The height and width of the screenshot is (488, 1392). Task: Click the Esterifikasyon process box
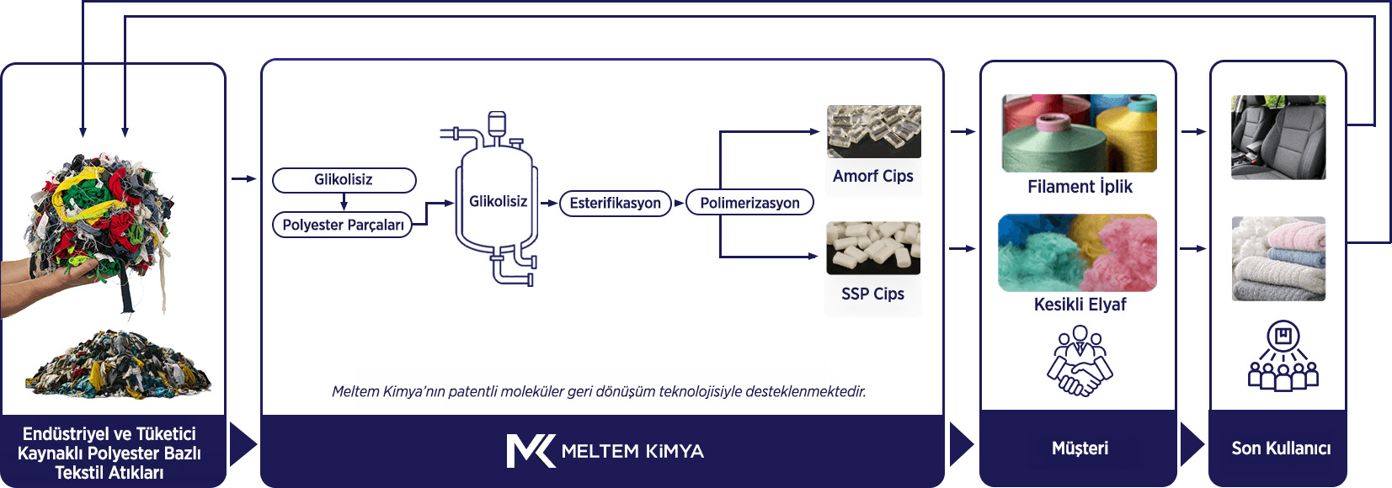click(x=616, y=203)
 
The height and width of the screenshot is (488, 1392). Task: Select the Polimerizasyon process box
click(x=749, y=203)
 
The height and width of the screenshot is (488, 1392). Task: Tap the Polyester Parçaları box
click(x=343, y=225)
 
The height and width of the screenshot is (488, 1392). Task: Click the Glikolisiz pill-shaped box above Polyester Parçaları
click(x=344, y=180)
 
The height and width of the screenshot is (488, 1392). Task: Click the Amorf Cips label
click(x=873, y=177)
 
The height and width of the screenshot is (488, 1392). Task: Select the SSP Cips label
click(x=873, y=294)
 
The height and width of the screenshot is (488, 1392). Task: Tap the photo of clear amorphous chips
click(x=874, y=131)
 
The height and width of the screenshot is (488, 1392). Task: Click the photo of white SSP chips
click(x=873, y=248)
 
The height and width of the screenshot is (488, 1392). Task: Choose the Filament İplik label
click(x=1080, y=187)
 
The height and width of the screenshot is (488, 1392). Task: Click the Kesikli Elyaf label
click(x=1080, y=305)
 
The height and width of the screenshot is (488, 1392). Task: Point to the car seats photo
click(x=1278, y=137)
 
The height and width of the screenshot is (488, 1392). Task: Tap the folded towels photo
click(x=1278, y=258)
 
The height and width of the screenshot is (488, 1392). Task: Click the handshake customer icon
click(x=1080, y=361)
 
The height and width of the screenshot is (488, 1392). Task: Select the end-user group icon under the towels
click(x=1283, y=356)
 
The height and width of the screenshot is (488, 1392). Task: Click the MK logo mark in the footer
click(x=531, y=451)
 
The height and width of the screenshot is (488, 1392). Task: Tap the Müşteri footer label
click(x=1080, y=448)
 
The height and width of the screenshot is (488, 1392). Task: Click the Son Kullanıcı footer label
click(x=1281, y=448)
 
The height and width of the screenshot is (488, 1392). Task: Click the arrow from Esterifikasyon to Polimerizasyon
click(x=679, y=203)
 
